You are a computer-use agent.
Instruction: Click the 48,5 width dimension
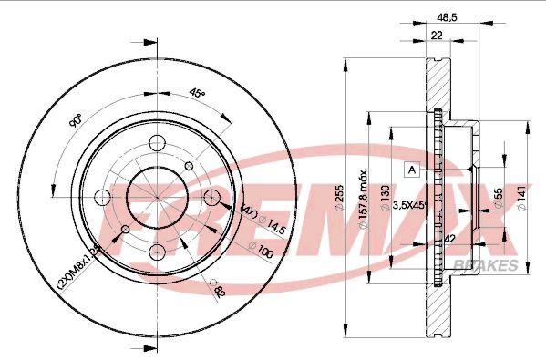coord(446,17)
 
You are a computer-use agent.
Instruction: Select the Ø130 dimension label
coord(385,194)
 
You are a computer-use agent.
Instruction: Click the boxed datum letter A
coord(411,169)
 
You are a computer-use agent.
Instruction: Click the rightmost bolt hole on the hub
coord(214,198)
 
